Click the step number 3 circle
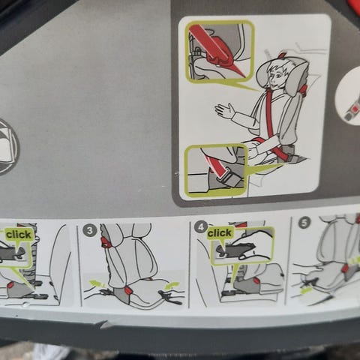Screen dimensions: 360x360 click(89, 230)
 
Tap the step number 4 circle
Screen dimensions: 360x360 click(200, 227)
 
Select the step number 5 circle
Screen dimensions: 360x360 click(304, 223)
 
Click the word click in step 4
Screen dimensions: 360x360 click(219, 233)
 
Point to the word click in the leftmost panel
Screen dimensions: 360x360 click(19, 235)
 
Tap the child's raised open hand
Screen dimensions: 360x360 click(224, 110)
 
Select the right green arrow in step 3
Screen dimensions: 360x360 click(172, 286)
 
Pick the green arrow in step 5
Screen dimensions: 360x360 click(306, 290)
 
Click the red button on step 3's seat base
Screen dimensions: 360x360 click(127, 290)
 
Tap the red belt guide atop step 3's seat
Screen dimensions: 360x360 click(105, 242)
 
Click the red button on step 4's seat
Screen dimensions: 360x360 click(256, 281)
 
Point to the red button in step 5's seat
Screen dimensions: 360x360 click(345, 268)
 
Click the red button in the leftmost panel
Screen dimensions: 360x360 click(11, 285)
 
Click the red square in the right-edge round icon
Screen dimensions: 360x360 click(354, 109)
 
